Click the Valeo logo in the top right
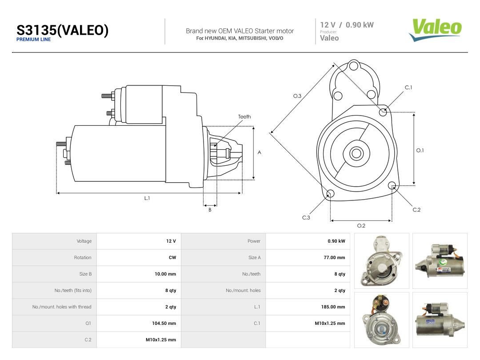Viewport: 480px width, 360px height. (435, 30)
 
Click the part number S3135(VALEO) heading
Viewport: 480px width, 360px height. (63, 30)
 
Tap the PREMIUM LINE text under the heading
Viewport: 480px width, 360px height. (33, 40)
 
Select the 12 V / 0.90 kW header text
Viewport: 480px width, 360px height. (347, 25)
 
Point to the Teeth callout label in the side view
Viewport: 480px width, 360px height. (244, 116)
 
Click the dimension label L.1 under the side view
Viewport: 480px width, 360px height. (147, 198)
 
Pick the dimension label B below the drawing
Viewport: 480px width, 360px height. (210, 210)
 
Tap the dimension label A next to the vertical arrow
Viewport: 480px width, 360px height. (259, 152)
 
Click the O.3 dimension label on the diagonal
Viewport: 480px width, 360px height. (297, 96)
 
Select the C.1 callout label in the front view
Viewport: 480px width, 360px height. (408, 87)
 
